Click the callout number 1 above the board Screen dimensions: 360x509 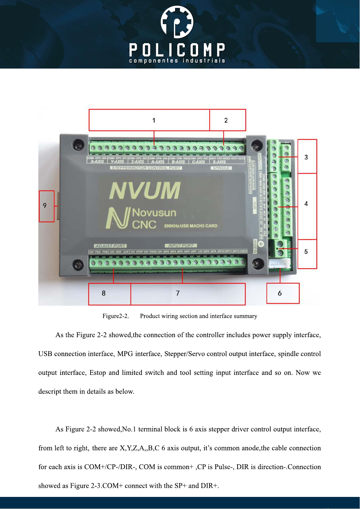click(x=154, y=121)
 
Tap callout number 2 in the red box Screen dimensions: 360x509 click(x=226, y=121)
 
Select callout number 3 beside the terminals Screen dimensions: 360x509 click(x=306, y=157)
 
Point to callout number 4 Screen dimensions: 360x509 click(x=306, y=204)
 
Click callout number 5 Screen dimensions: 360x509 click(x=306, y=252)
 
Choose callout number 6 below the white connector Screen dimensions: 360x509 click(x=280, y=293)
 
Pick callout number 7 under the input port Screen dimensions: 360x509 click(x=178, y=293)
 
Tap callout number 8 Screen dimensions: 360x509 click(x=104, y=293)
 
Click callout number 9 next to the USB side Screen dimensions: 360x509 click(x=45, y=206)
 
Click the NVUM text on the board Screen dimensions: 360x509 click(x=145, y=191)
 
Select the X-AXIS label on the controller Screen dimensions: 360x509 click(x=97, y=162)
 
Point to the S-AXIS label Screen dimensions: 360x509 click(x=220, y=162)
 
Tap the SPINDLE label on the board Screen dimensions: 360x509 click(x=221, y=168)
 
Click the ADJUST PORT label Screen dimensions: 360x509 click(x=110, y=246)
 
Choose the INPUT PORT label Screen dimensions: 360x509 click(x=181, y=246)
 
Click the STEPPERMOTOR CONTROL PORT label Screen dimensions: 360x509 click(x=146, y=168)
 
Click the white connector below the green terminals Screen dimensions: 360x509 click(x=279, y=265)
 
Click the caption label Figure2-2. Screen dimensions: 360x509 click(x=116, y=316)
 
